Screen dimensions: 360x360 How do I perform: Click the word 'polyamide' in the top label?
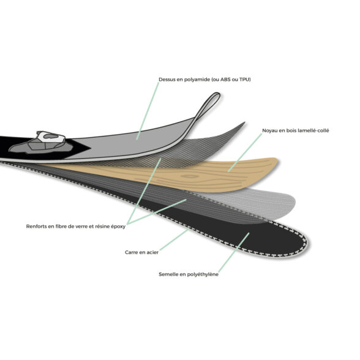pos(197,80)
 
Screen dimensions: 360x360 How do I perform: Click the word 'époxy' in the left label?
pos(118,227)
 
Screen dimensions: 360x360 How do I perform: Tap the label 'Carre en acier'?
pos(141,252)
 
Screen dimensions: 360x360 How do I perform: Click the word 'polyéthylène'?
pos(203,274)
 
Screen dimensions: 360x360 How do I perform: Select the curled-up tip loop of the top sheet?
pos(208,105)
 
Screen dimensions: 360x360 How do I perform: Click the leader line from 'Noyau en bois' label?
pos(245,152)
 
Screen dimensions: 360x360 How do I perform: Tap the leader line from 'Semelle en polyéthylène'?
pos(234,252)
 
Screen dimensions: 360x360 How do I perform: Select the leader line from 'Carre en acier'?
pos(174,240)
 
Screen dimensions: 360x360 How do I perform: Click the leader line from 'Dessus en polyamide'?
pos(148,111)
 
